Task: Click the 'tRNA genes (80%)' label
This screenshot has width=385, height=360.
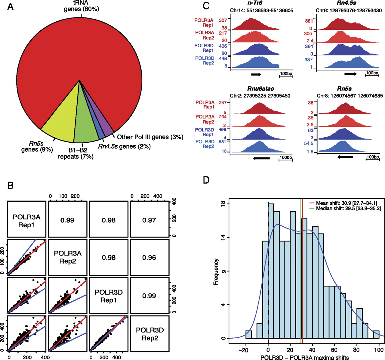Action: [82, 6]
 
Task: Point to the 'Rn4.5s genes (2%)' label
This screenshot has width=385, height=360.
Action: [124, 146]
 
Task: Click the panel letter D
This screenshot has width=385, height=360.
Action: [206, 180]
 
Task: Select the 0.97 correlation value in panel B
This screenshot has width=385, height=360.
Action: [149, 220]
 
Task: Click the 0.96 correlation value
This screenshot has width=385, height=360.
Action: [149, 258]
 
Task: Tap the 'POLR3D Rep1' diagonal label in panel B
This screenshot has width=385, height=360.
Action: [109, 296]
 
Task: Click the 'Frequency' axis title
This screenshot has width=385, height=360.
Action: [216, 272]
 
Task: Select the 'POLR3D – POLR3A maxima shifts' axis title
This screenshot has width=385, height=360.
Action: [305, 357]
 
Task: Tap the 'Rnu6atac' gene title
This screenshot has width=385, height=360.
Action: [260, 89]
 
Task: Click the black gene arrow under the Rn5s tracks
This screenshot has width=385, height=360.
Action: [345, 157]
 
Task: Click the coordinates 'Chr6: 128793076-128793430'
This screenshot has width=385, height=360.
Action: [349, 10]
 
